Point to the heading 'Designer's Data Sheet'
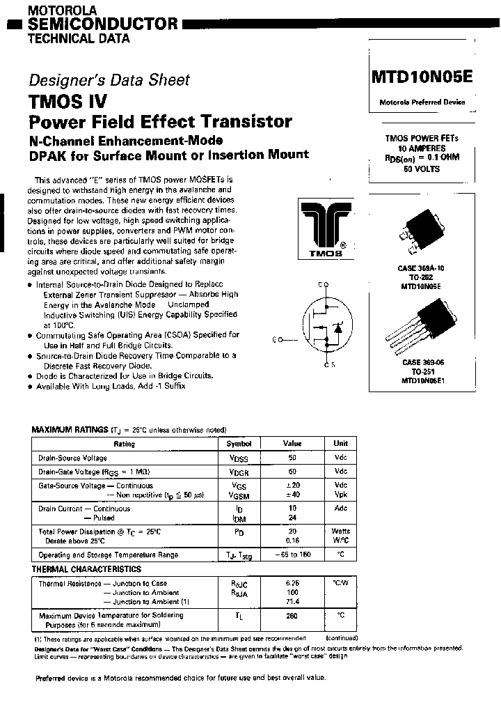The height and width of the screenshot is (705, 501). point(109,79)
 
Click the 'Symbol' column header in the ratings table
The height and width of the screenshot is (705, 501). point(239,443)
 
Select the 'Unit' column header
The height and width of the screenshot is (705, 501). point(340,443)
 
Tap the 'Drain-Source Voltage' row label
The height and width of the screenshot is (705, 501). point(72,458)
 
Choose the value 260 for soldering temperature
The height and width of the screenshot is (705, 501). point(292,615)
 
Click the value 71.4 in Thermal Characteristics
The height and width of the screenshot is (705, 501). point(292,601)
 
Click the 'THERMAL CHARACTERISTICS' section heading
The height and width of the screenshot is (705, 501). point(86,569)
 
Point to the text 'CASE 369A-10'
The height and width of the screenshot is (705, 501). point(422,268)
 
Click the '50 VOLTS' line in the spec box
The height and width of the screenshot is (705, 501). point(422,168)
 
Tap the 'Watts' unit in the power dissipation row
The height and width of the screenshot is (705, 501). point(340,532)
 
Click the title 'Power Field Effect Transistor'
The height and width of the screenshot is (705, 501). point(160,121)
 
